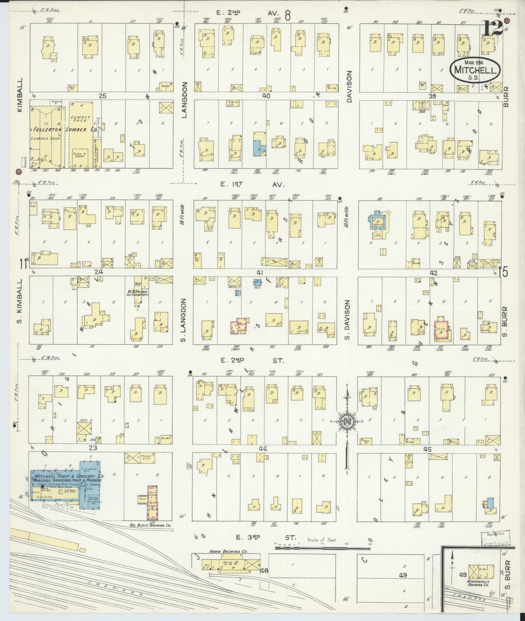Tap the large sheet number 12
(493, 28)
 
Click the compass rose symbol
(346, 421)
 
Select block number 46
(263, 449)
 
